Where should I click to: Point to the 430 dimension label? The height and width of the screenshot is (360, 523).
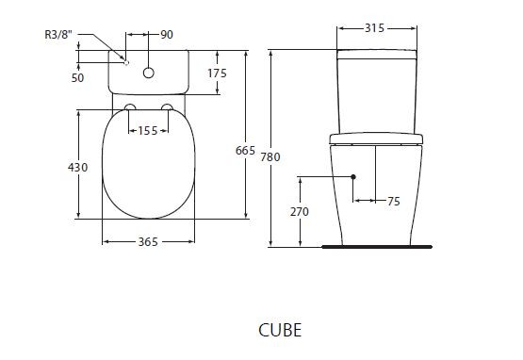(x=78, y=167)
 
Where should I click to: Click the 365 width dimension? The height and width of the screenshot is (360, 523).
(x=147, y=242)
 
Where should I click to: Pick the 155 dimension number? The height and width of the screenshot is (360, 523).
(x=147, y=131)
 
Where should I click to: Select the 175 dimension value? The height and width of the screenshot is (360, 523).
(x=217, y=73)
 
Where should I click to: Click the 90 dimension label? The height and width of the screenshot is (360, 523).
(x=167, y=35)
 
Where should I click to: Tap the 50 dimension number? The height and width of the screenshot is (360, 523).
(x=78, y=77)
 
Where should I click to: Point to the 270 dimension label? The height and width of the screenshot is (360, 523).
(x=299, y=212)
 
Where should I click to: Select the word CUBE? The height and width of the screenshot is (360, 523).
(x=281, y=331)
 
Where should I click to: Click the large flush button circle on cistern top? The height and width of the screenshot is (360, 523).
(x=149, y=72)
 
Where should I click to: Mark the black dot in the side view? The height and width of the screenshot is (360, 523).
(x=353, y=177)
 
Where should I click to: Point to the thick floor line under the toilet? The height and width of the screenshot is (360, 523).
(x=376, y=247)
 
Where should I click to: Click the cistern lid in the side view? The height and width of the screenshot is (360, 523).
(x=377, y=54)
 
